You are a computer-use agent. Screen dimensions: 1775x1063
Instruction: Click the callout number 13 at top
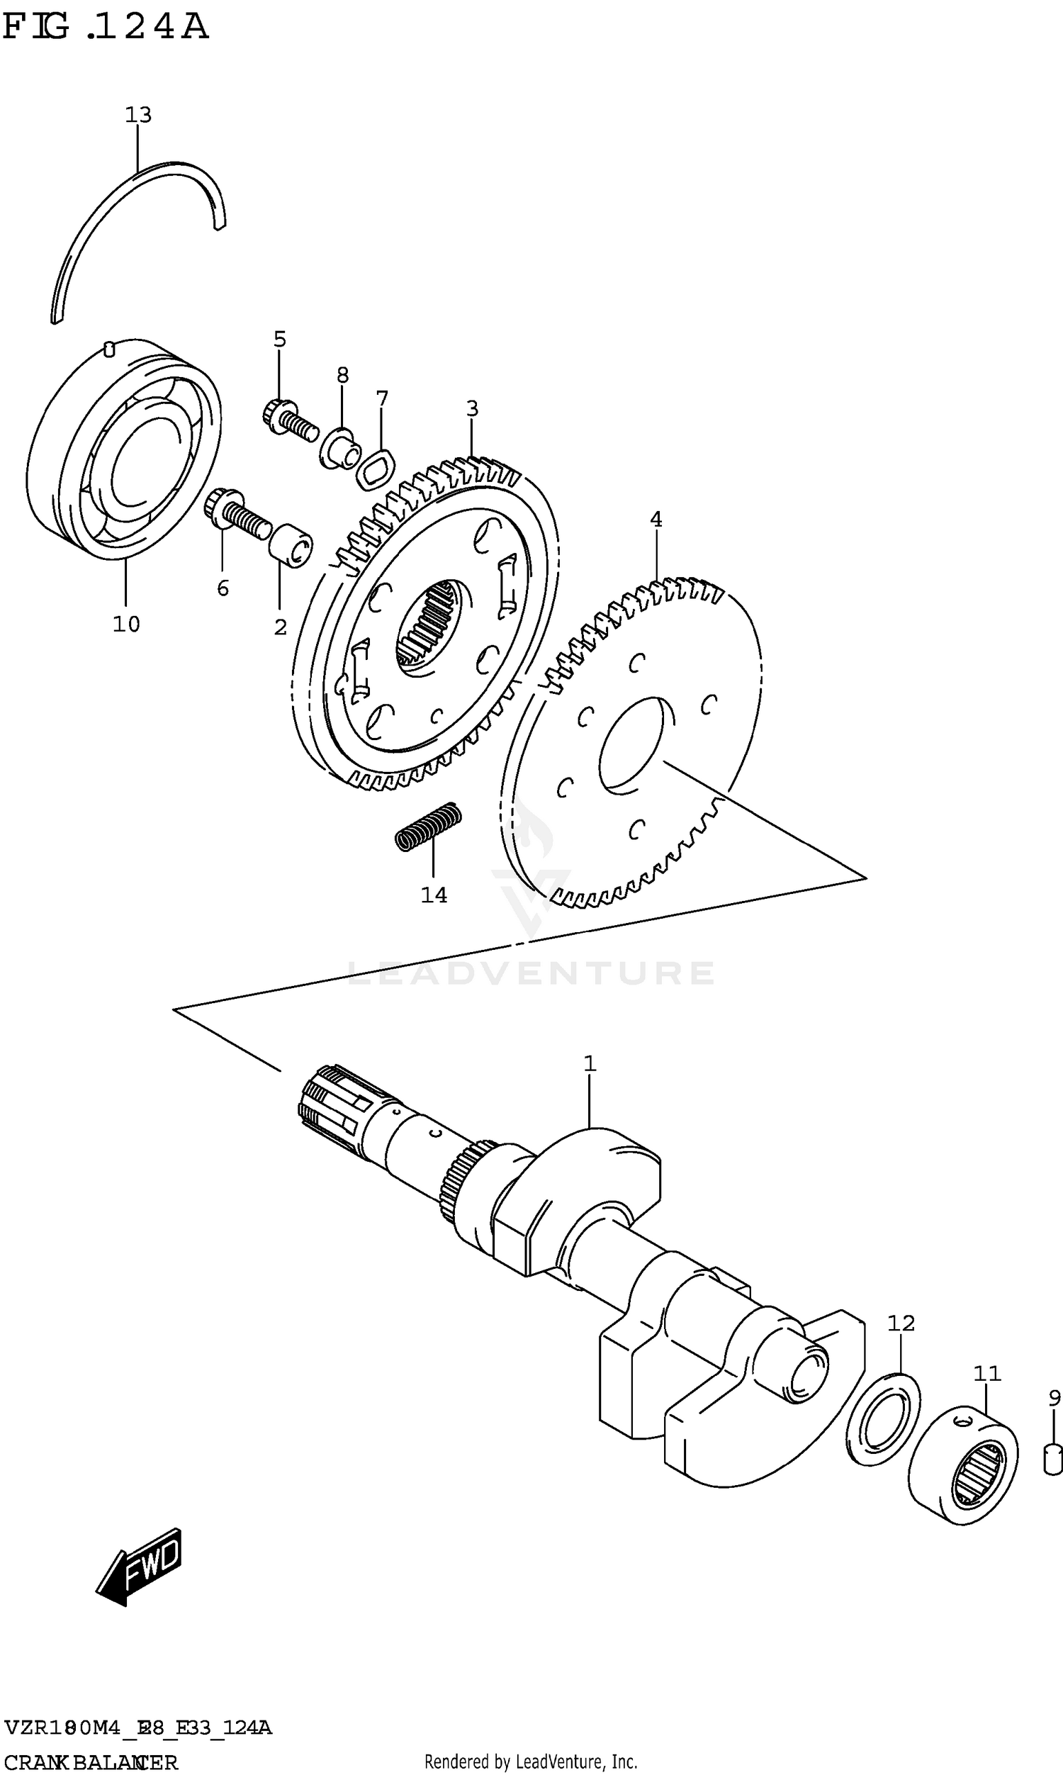[x=138, y=115]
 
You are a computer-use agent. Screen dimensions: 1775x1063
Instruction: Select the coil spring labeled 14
[x=428, y=827]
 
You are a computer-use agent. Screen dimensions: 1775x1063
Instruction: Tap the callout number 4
[x=656, y=520]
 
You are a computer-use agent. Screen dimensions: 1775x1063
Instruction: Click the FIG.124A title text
[x=106, y=27]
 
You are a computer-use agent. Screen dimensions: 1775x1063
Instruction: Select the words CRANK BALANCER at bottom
[x=91, y=1762]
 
